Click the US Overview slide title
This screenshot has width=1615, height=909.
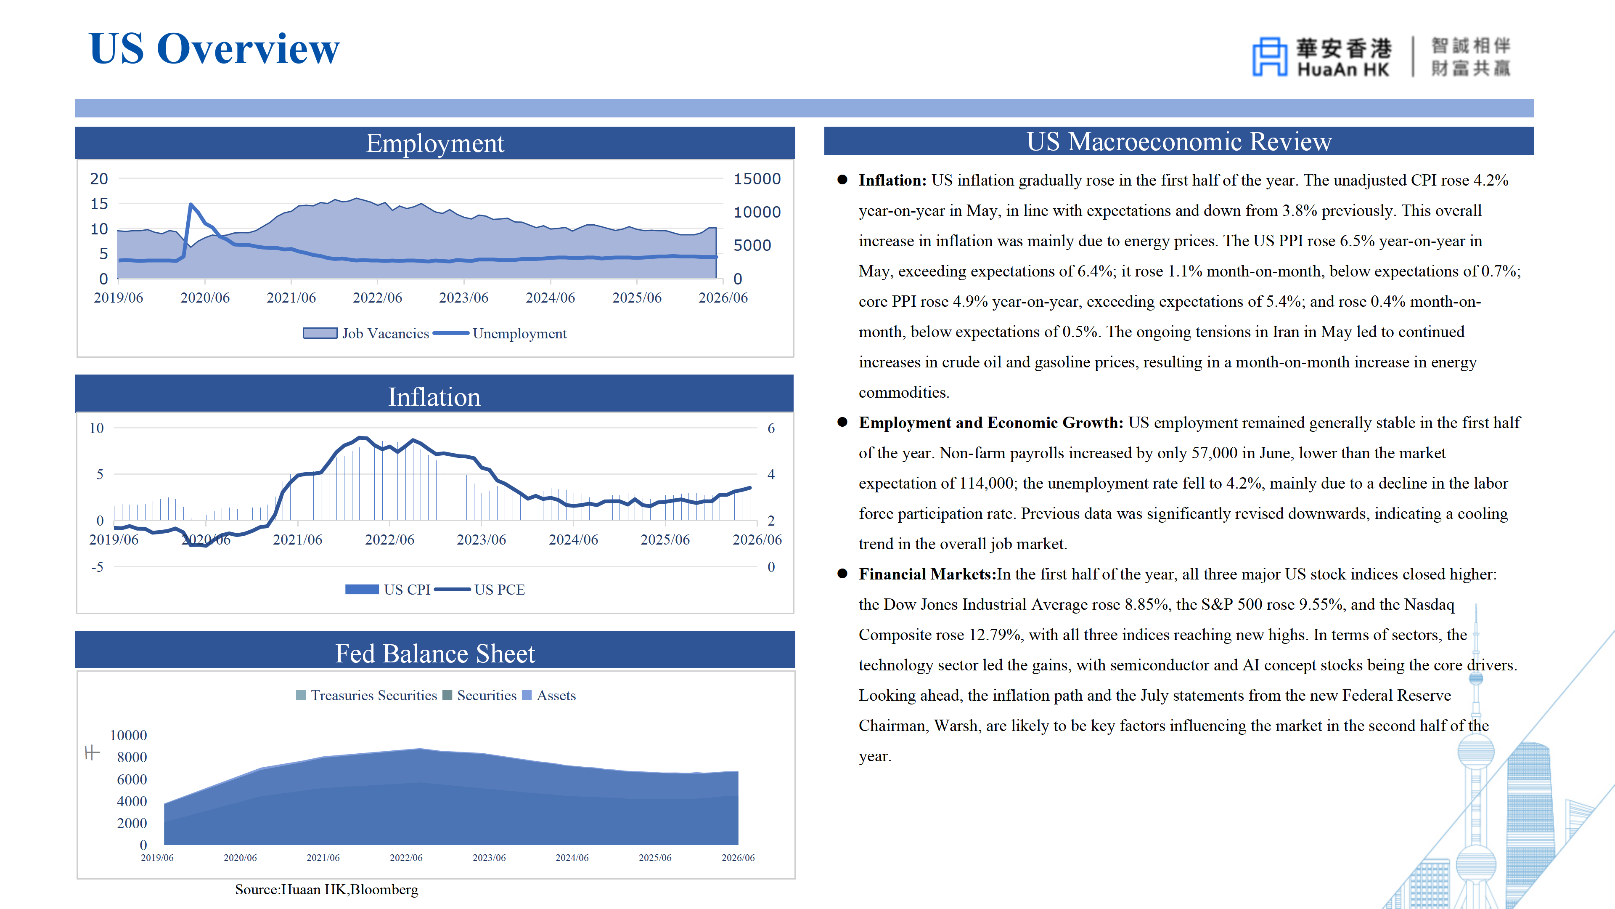click(214, 48)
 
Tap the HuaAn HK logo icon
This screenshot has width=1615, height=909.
click(1270, 56)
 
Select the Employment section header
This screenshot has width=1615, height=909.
click(435, 143)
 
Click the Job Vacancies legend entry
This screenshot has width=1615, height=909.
click(366, 334)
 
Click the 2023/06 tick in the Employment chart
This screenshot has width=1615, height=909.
click(463, 298)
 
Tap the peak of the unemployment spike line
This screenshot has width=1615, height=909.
click(191, 204)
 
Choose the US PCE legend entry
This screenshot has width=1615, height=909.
click(479, 590)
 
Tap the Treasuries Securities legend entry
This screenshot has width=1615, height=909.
click(366, 695)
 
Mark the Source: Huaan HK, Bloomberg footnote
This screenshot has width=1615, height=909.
click(327, 890)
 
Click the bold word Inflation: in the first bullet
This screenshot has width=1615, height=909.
click(892, 180)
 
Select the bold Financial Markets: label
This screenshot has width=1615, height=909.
click(927, 574)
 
